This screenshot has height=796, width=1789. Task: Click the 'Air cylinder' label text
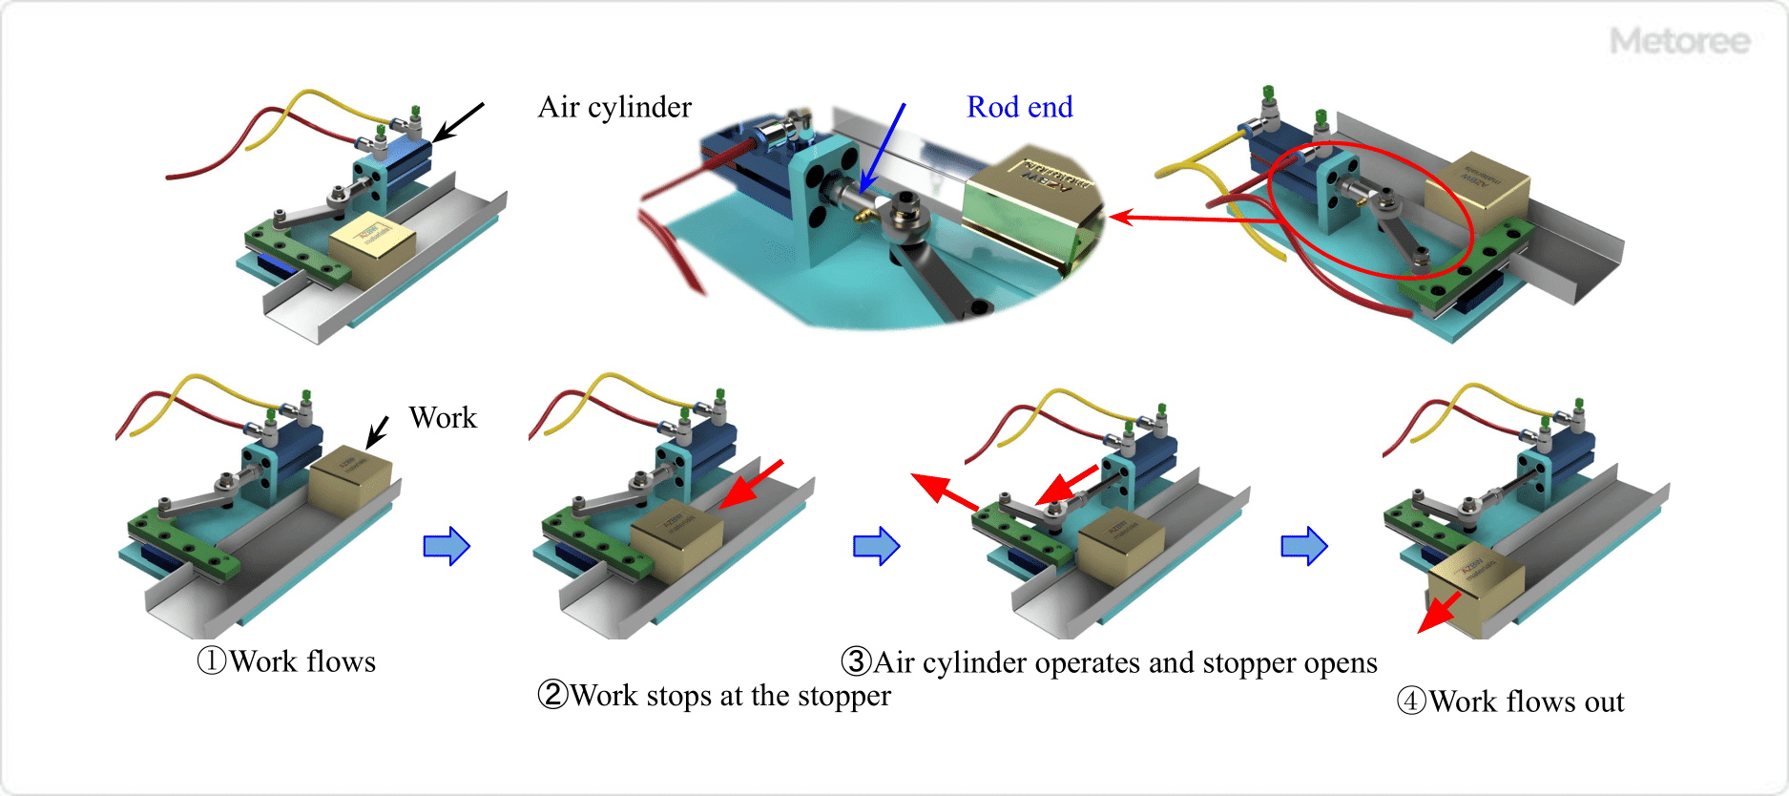tap(614, 107)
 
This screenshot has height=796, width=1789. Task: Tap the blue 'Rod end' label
tap(1019, 107)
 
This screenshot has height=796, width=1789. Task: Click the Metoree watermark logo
tap(1679, 41)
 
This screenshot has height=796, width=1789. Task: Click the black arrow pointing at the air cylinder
tap(458, 121)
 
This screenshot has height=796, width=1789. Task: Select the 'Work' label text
tap(443, 418)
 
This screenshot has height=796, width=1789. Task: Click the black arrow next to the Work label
tap(377, 431)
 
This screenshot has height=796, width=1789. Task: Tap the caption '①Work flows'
tap(286, 661)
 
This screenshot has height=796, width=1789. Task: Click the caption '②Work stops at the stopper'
tap(714, 696)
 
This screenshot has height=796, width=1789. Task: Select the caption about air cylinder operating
tap(1109, 662)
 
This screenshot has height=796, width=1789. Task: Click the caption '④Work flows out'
tap(1510, 702)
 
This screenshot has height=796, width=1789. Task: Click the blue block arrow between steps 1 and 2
tap(447, 547)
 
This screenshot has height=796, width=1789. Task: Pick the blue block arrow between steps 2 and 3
tap(876, 547)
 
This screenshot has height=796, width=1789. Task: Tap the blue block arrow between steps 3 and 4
tap(1304, 547)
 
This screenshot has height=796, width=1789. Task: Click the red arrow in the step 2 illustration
tap(751, 485)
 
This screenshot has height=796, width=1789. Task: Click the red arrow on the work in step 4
tap(1439, 612)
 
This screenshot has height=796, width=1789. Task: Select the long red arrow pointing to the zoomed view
tap(1193, 219)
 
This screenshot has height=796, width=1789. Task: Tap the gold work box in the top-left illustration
tap(371, 242)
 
